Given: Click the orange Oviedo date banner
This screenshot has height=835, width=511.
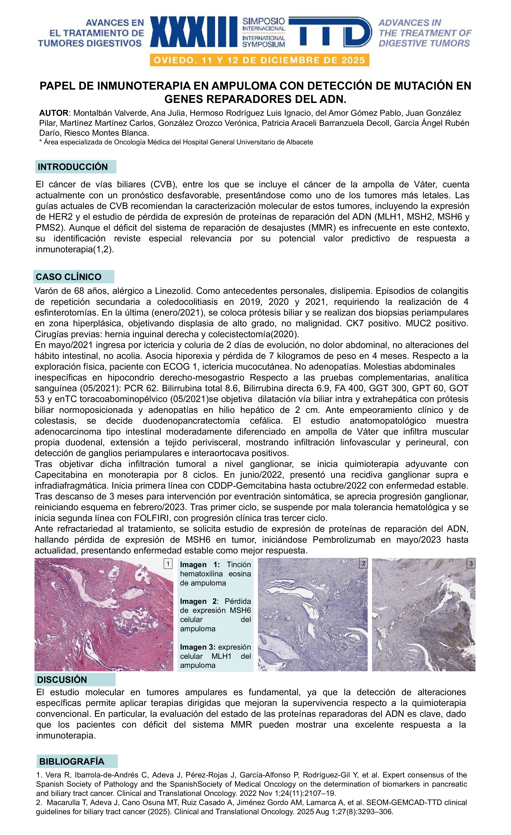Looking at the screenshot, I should (259, 60).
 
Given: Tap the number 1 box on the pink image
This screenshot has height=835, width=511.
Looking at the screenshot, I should (168, 563).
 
